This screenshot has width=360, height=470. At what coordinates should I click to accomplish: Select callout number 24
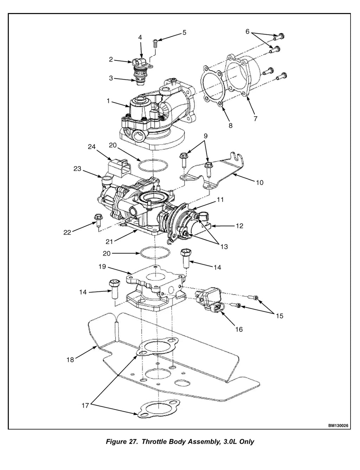tap(91, 147)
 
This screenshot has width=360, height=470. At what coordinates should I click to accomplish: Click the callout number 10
tap(260, 182)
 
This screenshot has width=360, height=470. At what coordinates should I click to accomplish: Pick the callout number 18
tap(70, 360)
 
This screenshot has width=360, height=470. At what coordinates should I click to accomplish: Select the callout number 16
tap(239, 329)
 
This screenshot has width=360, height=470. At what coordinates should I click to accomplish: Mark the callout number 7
tap(255, 118)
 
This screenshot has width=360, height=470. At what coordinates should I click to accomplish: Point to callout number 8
tap(231, 125)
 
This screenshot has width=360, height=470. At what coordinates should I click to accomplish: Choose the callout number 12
tap(239, 226)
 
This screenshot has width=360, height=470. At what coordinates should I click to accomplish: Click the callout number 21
tap(109, 242)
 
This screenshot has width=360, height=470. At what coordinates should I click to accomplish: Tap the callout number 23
tap(77, 168)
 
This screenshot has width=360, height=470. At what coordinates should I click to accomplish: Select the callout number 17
tap(85, 406)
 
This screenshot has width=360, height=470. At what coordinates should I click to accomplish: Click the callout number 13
tap(224, 246)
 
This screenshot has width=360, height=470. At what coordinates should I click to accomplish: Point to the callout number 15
tap(279, 316)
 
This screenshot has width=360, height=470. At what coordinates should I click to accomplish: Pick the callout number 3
tap(111, 78)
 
